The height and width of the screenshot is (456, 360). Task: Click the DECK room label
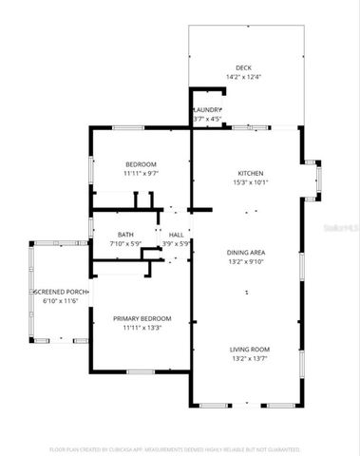pyautogui.click(x=244, y=67)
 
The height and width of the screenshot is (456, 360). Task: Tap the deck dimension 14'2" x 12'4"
pyautogui.click(x=244, y=77)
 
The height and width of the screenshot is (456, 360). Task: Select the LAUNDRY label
pyautogui.click(x=207, y=110)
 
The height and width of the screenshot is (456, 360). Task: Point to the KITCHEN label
pyautogui.click(x=250, y=173)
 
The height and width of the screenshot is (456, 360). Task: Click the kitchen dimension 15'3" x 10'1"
pyautogui.click(x=250, y=182)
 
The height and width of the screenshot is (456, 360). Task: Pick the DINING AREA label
pyautogui.click(x=246, y=252)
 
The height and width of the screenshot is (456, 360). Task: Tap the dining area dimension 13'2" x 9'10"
pyautogui.click(x=246, y=261)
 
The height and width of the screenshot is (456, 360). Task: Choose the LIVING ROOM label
pyautogui.click(x=247, y=350)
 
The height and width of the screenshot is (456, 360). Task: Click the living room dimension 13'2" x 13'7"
pyautogui.click(x=247, y=359)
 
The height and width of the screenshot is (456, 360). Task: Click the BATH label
pyautogui.click(x=125, y=234)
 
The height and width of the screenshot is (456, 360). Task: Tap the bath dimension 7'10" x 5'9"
pyautogui.click(x=125, y=243)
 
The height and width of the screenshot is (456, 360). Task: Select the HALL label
pyautogui.click(x=176, y=234)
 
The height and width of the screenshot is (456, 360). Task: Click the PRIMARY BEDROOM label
pyautogui.click(x=142, y=317)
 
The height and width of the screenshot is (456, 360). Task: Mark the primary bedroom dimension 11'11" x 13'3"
pyautogui.click(x=142, y=327)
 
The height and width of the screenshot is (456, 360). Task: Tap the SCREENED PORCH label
pyautogui.click(x=62, y=291)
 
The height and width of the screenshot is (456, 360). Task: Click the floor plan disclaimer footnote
pyautogui.click(x=180, y=447)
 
